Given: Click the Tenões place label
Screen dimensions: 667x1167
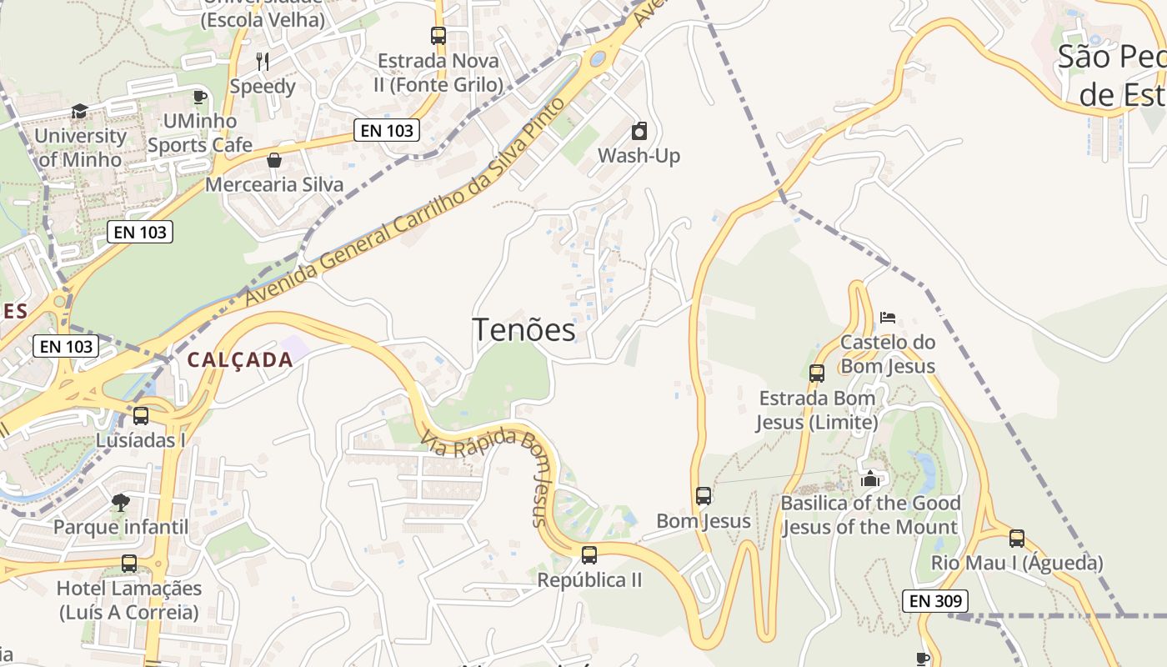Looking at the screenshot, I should [523, 330].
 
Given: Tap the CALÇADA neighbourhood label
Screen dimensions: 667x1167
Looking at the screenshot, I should [240, 360].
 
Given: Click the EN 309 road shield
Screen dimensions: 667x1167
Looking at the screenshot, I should [935, 600].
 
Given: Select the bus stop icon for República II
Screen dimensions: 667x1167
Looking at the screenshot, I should [589, 554].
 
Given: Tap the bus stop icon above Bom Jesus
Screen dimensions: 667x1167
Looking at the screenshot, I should [704, 496].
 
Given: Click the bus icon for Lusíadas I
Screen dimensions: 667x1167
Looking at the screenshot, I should [141, 415].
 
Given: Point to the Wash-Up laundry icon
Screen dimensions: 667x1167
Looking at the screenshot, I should [639, 131].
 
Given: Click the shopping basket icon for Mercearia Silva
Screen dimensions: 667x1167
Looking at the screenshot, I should [273, 160].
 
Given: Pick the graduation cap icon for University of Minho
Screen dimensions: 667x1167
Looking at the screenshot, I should [79, 111].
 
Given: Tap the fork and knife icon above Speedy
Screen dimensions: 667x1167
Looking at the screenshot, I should [263, 61].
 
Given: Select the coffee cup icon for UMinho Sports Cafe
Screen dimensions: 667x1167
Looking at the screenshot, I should [199, 97].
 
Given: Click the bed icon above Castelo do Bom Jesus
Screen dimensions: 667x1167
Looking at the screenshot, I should [888, 318].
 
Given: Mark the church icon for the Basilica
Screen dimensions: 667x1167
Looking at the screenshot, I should [870, 479].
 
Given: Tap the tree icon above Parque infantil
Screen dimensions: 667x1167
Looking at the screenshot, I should [121, 502].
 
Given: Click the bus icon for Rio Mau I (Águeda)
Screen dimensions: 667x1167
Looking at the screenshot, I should [1017, 539].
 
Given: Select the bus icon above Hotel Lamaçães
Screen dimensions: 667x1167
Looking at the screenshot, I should [129, 564].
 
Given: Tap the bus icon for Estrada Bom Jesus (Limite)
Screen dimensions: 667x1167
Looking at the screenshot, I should [817, 374].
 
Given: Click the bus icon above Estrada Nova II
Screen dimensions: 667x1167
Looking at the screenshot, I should [438, 36].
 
